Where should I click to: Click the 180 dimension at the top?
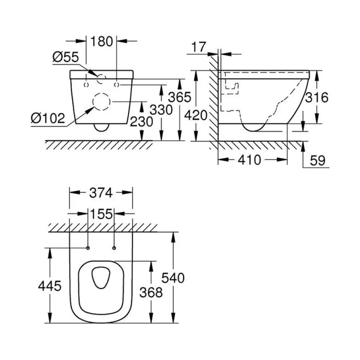tap(102, 42)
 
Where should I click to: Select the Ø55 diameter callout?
tap(66, 57)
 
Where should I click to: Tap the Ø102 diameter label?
tap(48, 119)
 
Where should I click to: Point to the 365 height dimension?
tap(179, 97)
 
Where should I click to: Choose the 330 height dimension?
tap(161, 110)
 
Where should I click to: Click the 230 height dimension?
tap(141, 121)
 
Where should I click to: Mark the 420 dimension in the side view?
tap(196, 115)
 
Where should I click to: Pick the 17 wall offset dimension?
tap(199, 47)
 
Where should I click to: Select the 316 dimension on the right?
tap(317, 97)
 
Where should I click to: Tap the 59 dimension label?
tap(318, 160)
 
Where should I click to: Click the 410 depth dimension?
tap(249, 160)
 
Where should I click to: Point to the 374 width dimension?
tap(101, 193)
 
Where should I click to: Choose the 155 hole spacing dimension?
tap(101, 214)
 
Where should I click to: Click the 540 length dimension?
tap(173, 278)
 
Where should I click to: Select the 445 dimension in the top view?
tap(50, 286)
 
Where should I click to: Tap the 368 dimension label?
tap(151, 293)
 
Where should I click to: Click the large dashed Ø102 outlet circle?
tap(101, 102)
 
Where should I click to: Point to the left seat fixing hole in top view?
tap(88, 248)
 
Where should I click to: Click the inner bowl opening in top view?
tap(101, 278)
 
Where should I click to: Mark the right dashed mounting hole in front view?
tap(117, 85)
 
